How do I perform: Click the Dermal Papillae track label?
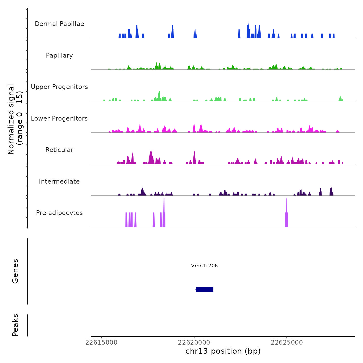(59, 24)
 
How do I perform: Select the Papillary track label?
(59, 55)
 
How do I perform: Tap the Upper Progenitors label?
(59, 87)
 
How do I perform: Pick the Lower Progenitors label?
(59, 118)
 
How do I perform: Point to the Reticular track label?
(59, 150)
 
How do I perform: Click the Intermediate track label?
(59, 181)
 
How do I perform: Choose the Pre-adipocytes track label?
(59, 213)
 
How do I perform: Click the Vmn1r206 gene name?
(204, 266)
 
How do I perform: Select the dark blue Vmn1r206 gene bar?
(205, 289)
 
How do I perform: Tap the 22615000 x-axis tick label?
(101, 343)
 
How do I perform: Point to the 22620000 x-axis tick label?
(194, 343)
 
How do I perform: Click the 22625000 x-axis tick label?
(287, 343)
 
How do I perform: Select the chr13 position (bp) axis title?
(223, 351)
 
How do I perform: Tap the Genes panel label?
(15, 271)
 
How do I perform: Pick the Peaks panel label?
(15, 325)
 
